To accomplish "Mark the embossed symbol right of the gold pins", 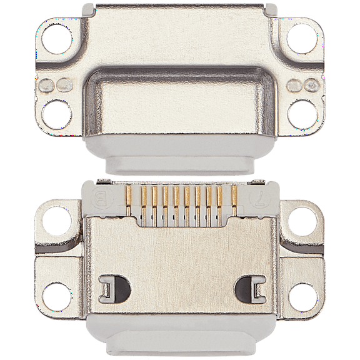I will click(x=261, y=202).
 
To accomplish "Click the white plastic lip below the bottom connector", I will click(x=180, y=344).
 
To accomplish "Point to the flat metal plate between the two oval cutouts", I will click(x=180, y=275).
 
